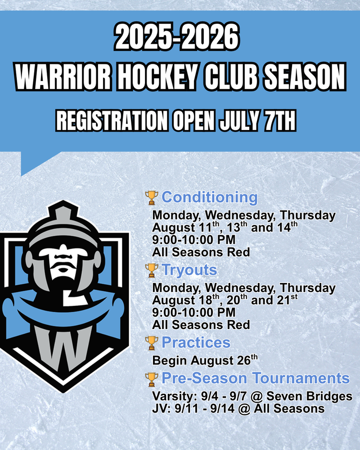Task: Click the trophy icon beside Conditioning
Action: [x=152, y=198]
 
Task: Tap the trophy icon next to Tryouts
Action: [x=152, y=270]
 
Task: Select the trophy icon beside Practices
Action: [x=152, y=343]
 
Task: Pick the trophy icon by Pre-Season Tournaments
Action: [x=152, y=379]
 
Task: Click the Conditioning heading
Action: [x=210, y=198]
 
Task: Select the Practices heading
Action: [x=196, y=342]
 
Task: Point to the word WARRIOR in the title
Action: [x=63, y=77]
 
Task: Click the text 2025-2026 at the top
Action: [x=177, y=37]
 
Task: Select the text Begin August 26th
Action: [x=205, y=360]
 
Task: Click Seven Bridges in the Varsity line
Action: [x=309, y=396]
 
